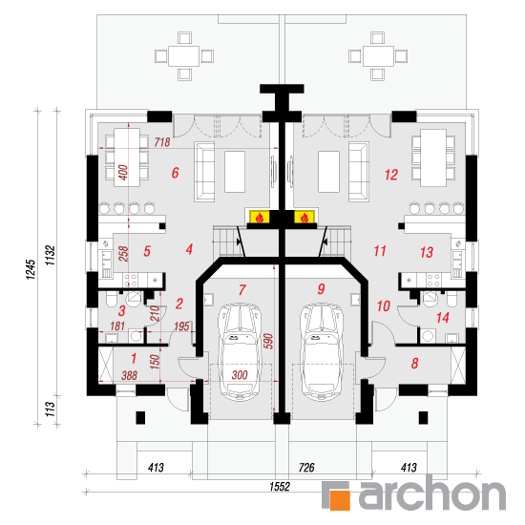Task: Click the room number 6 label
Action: (175, 173)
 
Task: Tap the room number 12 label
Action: (391, 175)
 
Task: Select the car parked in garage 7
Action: (240, 351)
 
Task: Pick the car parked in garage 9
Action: (322, 351)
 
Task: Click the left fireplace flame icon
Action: (260, 218)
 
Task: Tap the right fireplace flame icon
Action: (304, 218)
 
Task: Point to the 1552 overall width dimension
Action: (280, 487)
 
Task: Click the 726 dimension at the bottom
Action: (306, 468)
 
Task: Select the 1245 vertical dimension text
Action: (31, 269)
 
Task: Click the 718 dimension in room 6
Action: (162, 142)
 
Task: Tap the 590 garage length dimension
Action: (269, 341)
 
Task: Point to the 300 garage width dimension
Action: (240, 375)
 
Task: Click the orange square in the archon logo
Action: (340, 500)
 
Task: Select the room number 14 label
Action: (443, 318)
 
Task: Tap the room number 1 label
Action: (134, 359)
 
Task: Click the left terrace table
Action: (184, 56)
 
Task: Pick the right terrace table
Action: (378, 56)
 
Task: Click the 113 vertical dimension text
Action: (50, 409)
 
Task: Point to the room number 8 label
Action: (415, 364)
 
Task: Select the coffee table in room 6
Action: (235, 172)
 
